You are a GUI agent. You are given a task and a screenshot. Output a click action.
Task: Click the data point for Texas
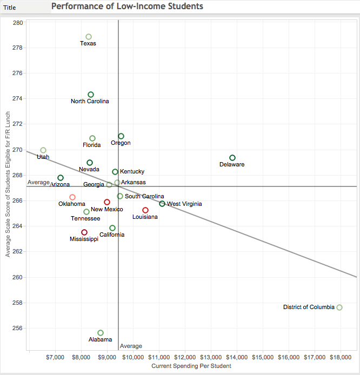tap(89, 37)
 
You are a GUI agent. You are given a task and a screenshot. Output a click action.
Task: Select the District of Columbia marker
tap(339, 307)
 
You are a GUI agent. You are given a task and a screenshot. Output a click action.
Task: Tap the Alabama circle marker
tap(101, 333)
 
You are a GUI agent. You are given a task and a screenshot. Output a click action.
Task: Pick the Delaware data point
tap(232, 158)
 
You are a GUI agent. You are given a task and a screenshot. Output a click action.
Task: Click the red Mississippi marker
tap(84, 232)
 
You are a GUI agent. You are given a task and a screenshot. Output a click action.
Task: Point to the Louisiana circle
tap(145, 210)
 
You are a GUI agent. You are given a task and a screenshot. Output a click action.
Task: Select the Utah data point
tap(43, 150)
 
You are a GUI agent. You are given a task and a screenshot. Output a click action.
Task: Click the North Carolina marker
tap(91, 95)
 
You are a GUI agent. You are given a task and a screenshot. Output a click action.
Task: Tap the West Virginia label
tap(184, 204)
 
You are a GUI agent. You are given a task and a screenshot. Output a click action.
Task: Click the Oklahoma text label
tap(72, 204)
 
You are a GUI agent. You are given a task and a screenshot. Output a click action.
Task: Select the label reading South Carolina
tap(144, 197)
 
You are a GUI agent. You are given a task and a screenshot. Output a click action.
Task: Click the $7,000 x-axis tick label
tap(56, 357)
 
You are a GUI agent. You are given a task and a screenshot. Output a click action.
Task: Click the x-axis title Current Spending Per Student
tap(191, 366)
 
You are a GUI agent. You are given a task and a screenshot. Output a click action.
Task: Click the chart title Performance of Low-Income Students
tap(128, 6)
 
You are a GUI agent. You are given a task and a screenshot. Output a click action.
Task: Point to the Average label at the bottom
tap(131, 346)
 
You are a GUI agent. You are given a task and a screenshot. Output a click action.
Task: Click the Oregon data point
tap(121, 136)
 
